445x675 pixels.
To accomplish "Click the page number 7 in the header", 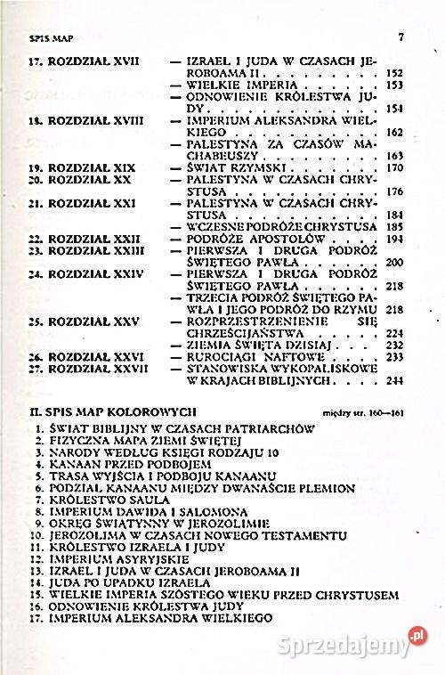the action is (x=402, y=37).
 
